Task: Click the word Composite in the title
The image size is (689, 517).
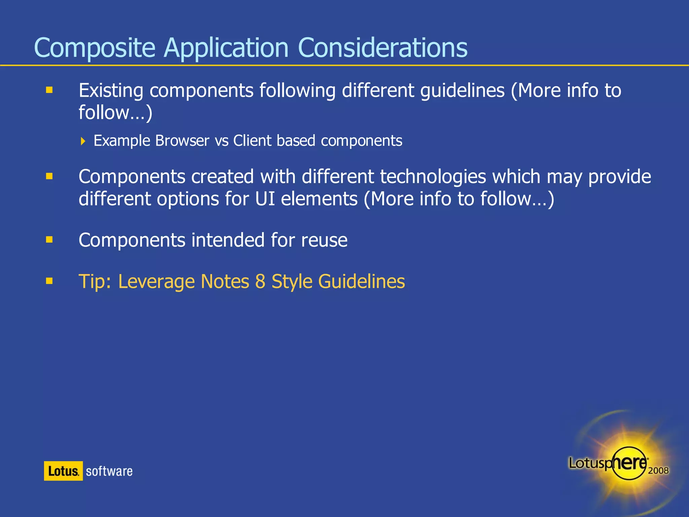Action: coord(95,48)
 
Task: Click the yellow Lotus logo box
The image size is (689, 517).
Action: coord(63,471)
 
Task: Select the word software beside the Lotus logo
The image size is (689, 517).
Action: coord(109,471)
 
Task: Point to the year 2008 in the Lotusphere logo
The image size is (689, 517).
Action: coord(658,470)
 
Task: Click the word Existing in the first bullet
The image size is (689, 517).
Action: coord(111,91)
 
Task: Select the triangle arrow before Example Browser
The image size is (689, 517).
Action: coord(83,141)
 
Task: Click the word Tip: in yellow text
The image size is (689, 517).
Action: coord(95,281)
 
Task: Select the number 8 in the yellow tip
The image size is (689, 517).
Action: coord(260,281)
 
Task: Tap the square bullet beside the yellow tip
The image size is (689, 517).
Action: coord(49,281)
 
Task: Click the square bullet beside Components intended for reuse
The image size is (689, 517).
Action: coord(49,239)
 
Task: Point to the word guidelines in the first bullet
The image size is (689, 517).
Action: coord(462,91)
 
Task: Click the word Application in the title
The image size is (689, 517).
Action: coord(226,48)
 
